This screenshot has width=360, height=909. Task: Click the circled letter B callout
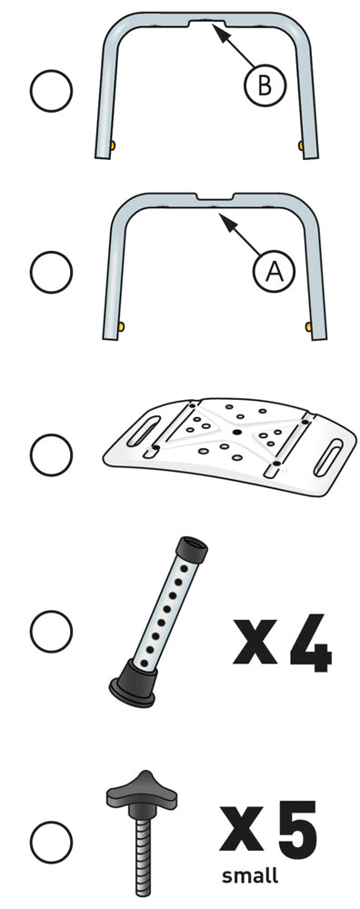point(265,86)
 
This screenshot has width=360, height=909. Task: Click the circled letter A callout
point(275,271)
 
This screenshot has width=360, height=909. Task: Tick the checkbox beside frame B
point(51,90)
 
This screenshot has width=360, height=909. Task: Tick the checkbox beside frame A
point(51,271)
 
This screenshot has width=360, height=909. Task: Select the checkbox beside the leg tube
point(51,631)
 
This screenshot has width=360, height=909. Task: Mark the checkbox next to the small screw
point(51,841)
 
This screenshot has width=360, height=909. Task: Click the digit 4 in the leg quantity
point(311,644)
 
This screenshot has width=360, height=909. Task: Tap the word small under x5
point(250,874)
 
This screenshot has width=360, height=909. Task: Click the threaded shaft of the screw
point(143,853)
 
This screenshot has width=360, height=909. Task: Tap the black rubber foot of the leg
point(134,685)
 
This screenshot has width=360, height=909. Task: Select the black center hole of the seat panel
point(237,432)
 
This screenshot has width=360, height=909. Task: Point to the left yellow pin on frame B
point(113,145)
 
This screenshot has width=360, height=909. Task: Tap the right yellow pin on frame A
point(309,327)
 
